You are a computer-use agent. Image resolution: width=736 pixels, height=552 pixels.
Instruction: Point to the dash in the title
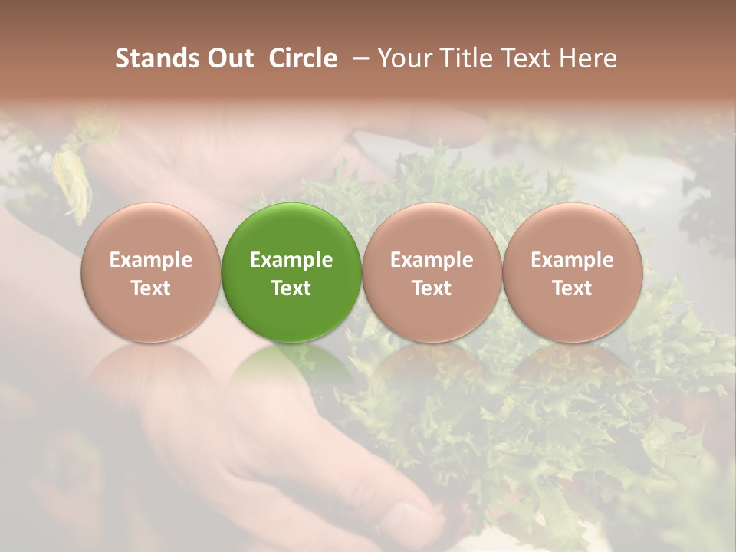tap(358, 59)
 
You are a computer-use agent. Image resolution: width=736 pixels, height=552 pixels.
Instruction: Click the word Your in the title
tap(402, 58)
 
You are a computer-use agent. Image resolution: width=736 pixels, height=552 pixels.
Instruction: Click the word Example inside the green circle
tap(291, 260)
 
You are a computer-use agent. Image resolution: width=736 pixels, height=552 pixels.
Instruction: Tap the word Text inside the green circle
tap(291, 288)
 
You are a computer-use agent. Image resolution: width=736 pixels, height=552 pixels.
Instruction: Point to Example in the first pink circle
tap(150, 260)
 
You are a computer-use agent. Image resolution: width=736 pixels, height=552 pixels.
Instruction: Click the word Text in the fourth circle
tap(573, 288)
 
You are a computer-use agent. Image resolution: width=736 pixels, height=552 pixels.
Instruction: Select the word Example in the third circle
tap(432, 260)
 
